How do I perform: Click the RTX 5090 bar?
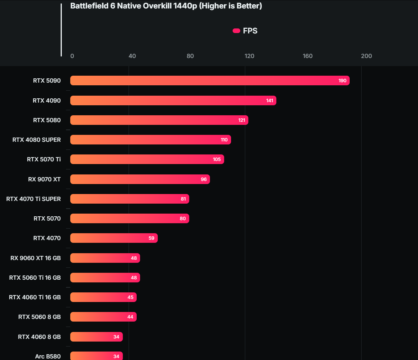(210, 81)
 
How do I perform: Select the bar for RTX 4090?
(173, 101)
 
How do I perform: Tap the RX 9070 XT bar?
(140, 179)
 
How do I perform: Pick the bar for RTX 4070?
(114, 238)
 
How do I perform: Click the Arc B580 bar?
(96, 356)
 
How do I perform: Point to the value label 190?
(342, 81)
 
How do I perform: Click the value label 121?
(241, 120)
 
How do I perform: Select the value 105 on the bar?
(217, 159)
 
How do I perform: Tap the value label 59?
(151, 238)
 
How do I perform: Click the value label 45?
(131, 297)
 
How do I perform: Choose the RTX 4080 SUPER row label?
(36, 140)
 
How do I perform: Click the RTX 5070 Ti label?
(44, 159)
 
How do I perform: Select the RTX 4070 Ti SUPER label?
(33, 199)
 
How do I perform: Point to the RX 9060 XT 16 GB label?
(35, 258)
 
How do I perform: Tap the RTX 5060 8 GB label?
(40, 317)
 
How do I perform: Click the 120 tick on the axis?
(249, 56)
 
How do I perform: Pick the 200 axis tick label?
(366, 56)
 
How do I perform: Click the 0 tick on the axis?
(72, 56)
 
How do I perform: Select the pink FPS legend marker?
(236, 31)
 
